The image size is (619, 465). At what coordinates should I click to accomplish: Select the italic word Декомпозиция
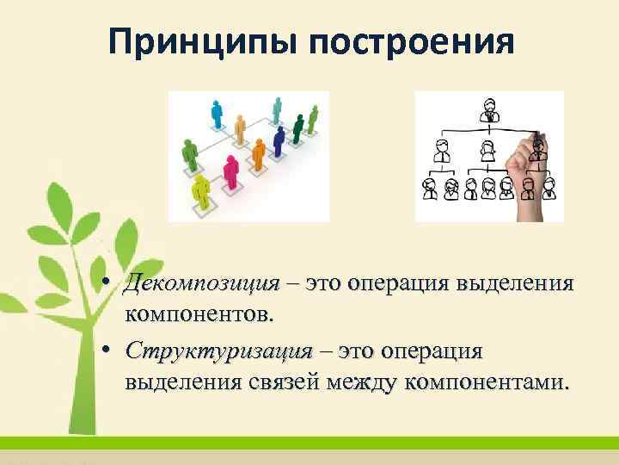(203, 284)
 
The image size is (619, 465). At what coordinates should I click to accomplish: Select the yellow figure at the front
(202, 189)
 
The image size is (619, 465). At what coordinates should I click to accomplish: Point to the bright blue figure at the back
(216, 113)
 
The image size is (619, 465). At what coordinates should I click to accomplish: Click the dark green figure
(297, 128)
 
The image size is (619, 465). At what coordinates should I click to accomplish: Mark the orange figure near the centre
(257, 155)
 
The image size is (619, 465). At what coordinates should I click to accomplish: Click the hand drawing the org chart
(524, 172)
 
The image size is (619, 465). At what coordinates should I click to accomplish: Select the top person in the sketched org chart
(488, 112)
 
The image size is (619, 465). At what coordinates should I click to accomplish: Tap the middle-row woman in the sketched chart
(487, 150)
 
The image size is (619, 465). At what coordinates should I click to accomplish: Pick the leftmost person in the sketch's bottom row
(429, 187)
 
